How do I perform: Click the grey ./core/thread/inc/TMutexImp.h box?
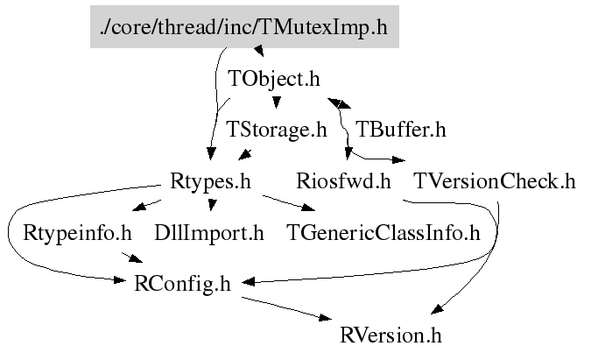(x=244, y=26)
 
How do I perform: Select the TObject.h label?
(x=274, y=78)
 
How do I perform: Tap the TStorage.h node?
(x=276, y=131)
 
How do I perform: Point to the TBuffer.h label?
(x=401, y=131)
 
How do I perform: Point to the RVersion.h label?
(x=391, y=335)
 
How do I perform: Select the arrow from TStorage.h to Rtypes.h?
(x=245, y=154)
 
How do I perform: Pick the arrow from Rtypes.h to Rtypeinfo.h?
(x=145, y=206)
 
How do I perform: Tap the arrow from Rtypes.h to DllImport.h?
(x=210, y=205)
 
